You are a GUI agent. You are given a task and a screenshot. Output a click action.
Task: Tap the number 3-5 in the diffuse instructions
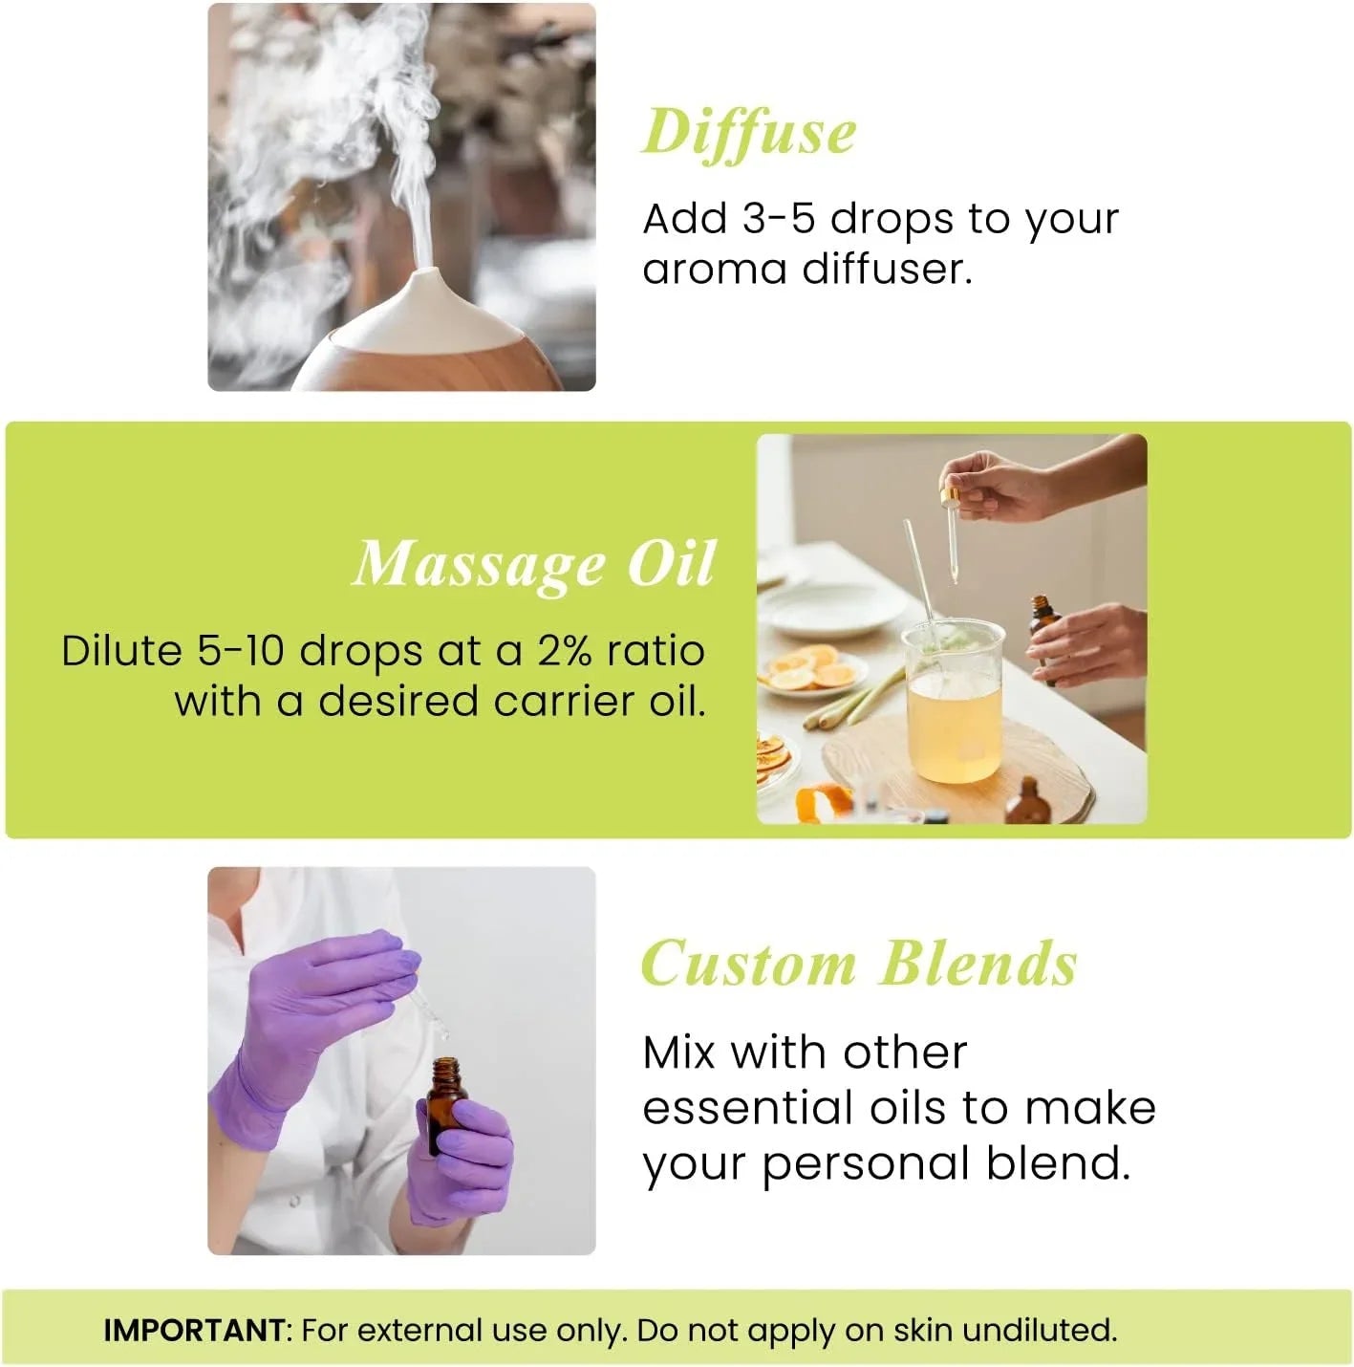778,219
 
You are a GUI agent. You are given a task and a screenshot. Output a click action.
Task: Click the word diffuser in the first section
887,270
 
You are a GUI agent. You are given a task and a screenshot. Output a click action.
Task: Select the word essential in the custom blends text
747,1109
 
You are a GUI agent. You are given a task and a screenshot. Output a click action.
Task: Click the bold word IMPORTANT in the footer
194,1330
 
